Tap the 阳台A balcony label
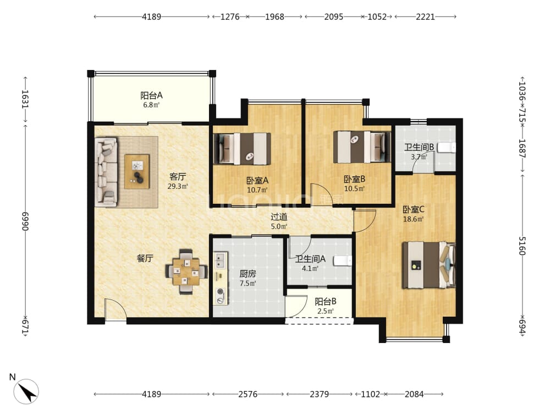[x=152, y=95]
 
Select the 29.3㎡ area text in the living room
[x=178, y=187]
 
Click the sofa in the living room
[x=106, y=171]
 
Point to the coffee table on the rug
[x=137, y=171]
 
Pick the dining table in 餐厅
[x=186, y=271]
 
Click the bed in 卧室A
[x=243, y=149]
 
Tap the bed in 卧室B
[x=362, y=147]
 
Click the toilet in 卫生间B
[x=447, y=148]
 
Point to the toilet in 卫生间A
[x=343, y=261]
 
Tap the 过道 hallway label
[x=279, y=216]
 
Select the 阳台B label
[x=326, y=301]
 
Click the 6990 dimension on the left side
[x=25, y=221]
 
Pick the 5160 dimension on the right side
[x=522, y=246]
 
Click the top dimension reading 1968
[x=274, y=17]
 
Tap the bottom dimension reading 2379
[x=319, y=394]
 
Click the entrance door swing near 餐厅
[x=116, y=309]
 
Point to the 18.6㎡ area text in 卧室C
[x=413, y=220]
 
